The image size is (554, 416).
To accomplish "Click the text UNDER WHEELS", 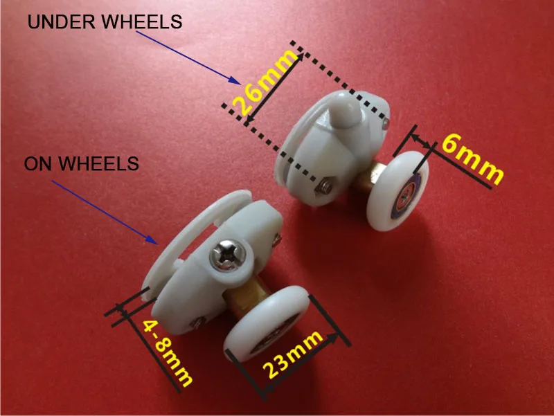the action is pos(105,21).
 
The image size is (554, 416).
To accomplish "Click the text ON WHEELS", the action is pos(82,163).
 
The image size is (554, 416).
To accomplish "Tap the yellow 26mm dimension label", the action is pos(265,83).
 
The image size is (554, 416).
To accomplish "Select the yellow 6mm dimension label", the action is pos(472,160).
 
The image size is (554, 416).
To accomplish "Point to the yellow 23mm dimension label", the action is pos(293,354).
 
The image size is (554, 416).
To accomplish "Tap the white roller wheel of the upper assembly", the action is pos(398,191).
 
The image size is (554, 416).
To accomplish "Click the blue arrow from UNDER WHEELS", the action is pos(188,57).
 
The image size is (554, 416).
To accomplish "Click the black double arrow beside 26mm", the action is pos(274,88).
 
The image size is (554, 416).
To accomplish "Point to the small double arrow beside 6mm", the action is pos(422,141).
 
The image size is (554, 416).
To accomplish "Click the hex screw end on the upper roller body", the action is pos(323,186).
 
